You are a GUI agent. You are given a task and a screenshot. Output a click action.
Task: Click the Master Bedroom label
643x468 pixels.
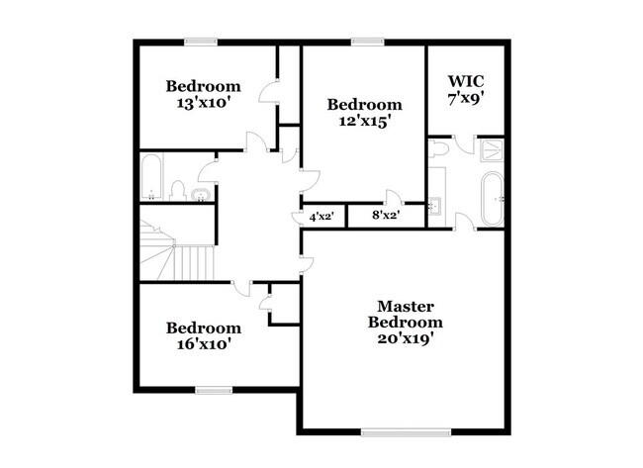[x=405, y=314]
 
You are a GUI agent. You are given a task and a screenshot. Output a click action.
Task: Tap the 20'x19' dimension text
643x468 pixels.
[x=405, y=338]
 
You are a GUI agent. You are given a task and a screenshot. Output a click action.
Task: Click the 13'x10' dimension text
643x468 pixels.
[x=203, y=102]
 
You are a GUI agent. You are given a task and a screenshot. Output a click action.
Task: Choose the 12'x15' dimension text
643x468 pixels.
[x=365, y=121]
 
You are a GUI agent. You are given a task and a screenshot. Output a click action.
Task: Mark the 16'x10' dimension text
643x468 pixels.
[x=203, y=344]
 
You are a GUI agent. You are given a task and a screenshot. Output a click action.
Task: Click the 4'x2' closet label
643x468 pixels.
[x=321, y=216]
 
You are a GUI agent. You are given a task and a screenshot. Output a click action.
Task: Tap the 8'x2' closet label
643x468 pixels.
[x=385, y=216]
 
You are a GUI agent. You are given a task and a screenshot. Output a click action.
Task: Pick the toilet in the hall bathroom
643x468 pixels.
[x=179, y=188]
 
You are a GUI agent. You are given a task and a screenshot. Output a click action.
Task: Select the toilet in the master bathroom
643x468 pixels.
[x=439, y=149]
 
